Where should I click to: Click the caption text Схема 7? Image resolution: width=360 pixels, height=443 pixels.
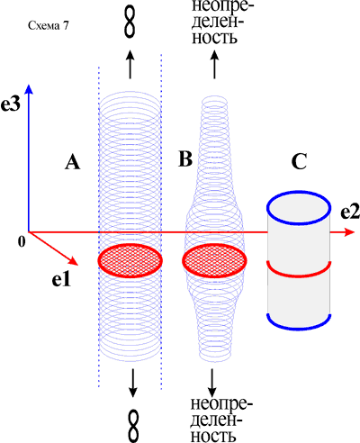point(49,26)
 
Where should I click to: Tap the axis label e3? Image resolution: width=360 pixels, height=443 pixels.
point(11,104)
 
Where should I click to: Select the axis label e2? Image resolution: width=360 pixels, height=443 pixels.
point(350,212)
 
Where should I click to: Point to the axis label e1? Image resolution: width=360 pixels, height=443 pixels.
point(61,280)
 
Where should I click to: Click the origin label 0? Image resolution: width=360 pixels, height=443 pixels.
point(22,241)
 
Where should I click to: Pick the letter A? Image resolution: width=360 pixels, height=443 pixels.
point(73,163)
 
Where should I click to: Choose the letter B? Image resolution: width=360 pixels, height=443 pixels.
point(185,158)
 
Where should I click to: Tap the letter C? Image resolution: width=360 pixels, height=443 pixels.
point(299,162)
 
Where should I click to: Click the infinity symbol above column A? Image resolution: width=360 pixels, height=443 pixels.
point(130,22)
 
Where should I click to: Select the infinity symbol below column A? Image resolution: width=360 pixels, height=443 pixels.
point(134,426)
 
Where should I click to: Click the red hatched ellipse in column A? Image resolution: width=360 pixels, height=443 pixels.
point(130,260)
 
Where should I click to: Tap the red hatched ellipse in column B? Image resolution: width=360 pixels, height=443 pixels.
point(214,260)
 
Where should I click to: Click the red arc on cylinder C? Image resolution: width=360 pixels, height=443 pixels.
point(299,275)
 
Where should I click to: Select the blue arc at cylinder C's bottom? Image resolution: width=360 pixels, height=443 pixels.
point(299,330)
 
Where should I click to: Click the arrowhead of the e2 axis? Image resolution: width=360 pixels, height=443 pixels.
point(349,232)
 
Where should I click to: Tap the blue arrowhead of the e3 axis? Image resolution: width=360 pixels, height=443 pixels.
point(29,89)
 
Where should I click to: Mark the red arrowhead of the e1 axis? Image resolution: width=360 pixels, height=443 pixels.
point(73,261)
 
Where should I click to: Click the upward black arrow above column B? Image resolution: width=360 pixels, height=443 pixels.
point(214,64)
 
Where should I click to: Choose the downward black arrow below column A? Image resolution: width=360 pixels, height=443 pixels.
point(132,384)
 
